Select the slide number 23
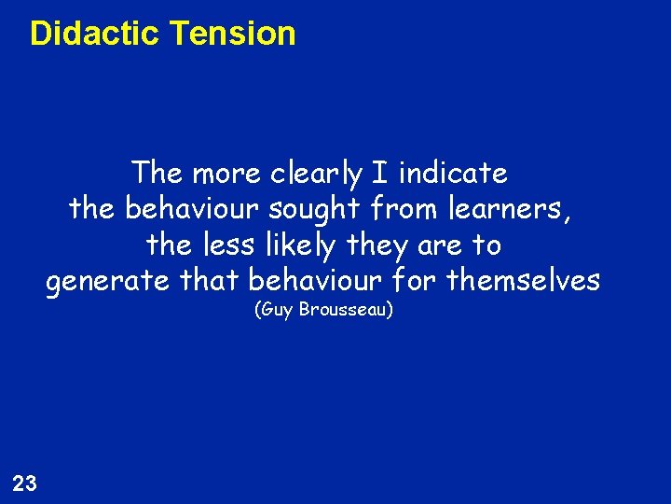pyautogui.click(x=25, y=483)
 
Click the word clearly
pyautogui.click(x=316, y=174)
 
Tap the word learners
pyautogui.click(x=510, y=209)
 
